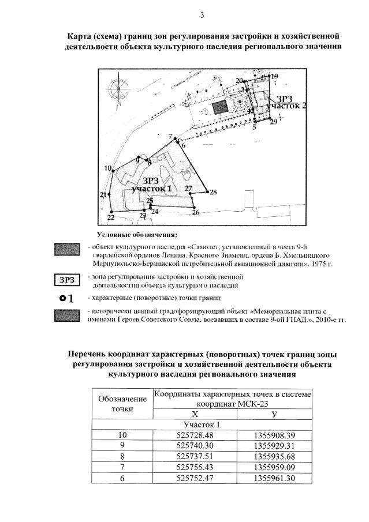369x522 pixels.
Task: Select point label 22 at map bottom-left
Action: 110,217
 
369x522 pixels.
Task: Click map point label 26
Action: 196,213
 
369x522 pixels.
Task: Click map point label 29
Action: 274,122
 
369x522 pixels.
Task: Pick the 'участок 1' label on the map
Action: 152,189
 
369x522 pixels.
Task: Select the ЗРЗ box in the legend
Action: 68,280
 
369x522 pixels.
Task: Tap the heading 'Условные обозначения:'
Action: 137,234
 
